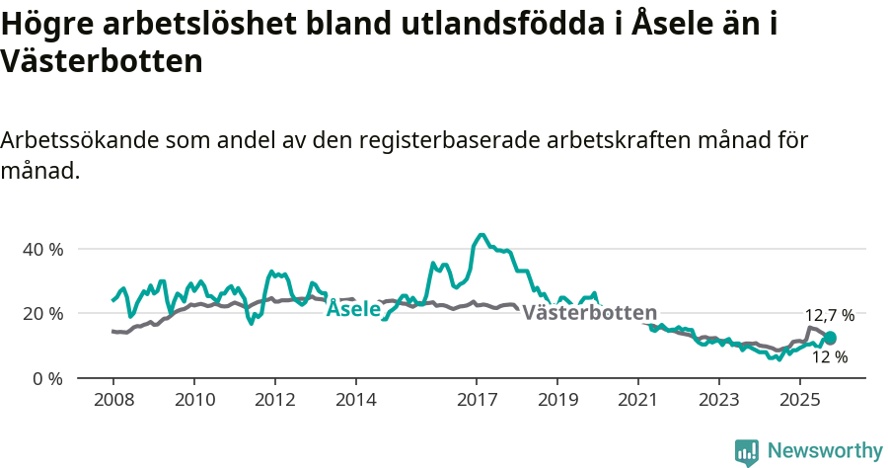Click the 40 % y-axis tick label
pyautogui.click(x=42, y=249)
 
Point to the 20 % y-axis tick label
pyautogui.click(x=42, y=313)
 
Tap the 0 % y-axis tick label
pyautogui.click(x=47, y=378)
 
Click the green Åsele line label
pyautogui.click(x=353, y=308)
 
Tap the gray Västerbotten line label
pyautogui.click(x=589, y=313)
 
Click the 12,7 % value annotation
pyautogui.click(x=830, y=315)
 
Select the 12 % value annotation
pyautogui.click(x=829, y=357)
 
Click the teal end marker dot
pyautogui.click(x=830, y=339)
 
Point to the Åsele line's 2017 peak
pyautogui.click(x=481, y=234)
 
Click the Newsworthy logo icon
pyautogui.click(x=747, y=452)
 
